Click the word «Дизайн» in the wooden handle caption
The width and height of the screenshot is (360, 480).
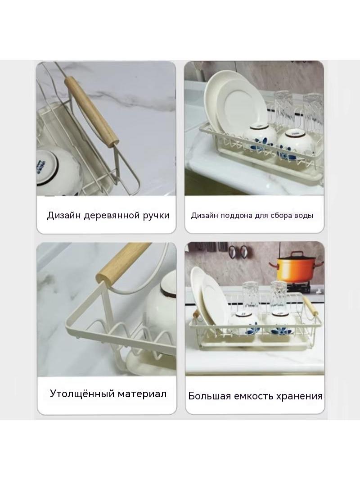pyautogui.click(x=64, y=215)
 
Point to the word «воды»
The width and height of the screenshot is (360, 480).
pyautogui.click(x=303, y=216)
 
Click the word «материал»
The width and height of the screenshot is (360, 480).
pyautogui.click(x=142, y=394)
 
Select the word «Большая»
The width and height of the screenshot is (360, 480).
pyautogui.click(x=210, y=396)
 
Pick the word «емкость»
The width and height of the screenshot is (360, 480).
pyautogui.click(x=253, y=396)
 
